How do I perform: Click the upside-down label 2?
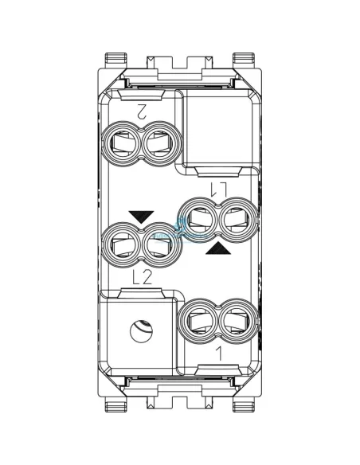142,112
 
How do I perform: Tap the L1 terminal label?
218,188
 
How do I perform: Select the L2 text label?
142,277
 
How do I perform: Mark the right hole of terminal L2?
160,244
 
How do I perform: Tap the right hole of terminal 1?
235,319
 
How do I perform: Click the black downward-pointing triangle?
140,215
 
